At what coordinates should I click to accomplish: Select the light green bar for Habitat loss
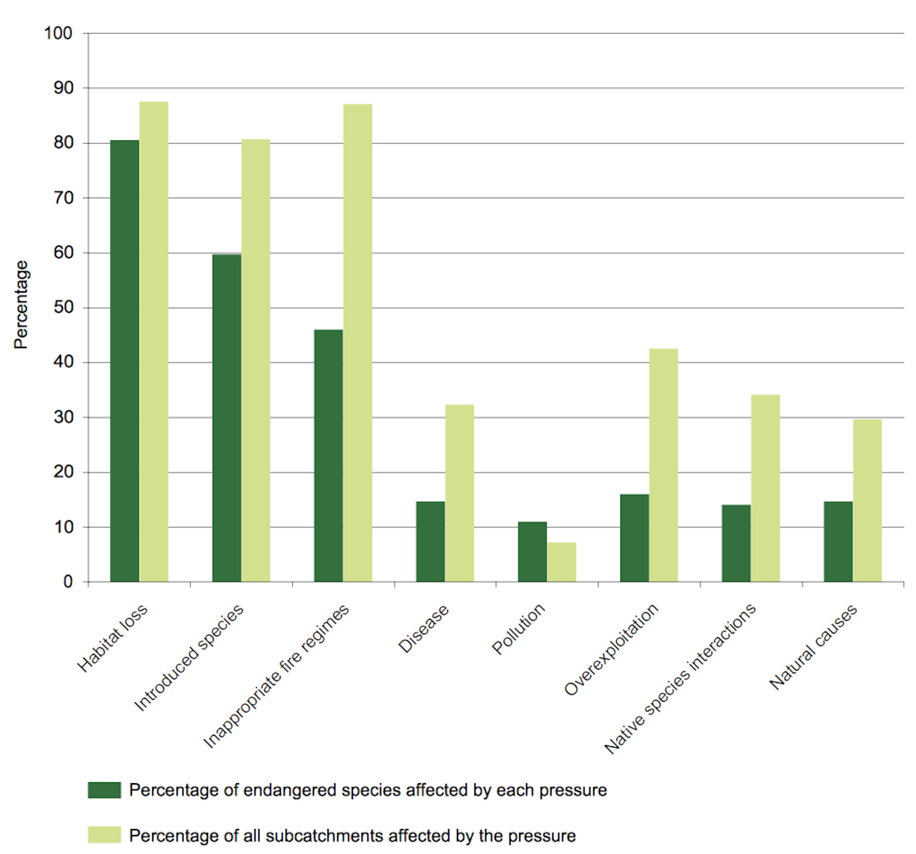[x=154, y=341]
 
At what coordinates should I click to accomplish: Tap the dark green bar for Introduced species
[x=226, y=418]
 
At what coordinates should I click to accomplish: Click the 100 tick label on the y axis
[x=58, y=34]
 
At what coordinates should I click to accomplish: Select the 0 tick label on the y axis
[x=68, y=582]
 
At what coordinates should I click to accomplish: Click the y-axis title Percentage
[x=21, y=305]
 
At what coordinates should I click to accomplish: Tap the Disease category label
[x=423, y=629]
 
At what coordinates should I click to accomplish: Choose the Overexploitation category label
[x=611, y=649]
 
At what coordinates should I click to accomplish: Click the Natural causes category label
[x=813, y=647]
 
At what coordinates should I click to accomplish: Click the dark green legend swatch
[x=104, y=790]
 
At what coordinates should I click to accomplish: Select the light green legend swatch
[x=104, y=835]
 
